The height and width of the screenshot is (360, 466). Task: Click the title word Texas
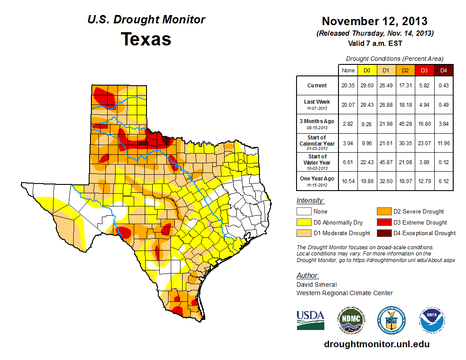[x=146, y=39]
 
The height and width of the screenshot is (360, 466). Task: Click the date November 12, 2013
[x=374, y=21]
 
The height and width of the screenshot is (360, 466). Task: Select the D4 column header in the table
[x=443, y=70]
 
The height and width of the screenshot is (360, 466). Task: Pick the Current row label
[x=317, y=86]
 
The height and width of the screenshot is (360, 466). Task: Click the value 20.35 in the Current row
[x=348, y=86]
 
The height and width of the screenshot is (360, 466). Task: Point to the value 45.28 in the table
[x=405, y=124]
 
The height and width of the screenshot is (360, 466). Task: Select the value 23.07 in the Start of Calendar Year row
[x=425, y=143]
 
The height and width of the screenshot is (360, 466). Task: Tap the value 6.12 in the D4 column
[x=443, y=180]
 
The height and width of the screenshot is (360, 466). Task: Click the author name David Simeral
[x=316, y=285]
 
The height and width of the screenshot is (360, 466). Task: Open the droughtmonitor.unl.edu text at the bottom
[x=376, y=344]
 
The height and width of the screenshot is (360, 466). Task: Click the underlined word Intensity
[x=310, y=201]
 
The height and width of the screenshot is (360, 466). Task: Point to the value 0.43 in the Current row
[x=443, y=86]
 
